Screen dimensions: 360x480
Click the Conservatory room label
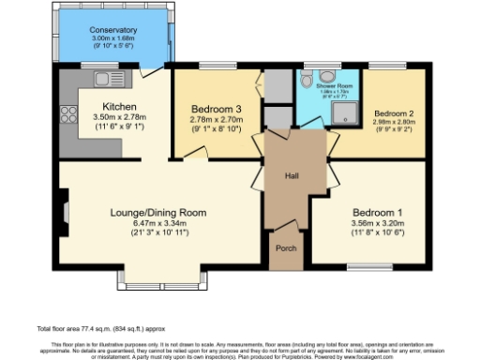112,30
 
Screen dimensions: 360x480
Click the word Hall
292,175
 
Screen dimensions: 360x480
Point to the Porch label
284,249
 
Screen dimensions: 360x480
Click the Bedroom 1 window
369,269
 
